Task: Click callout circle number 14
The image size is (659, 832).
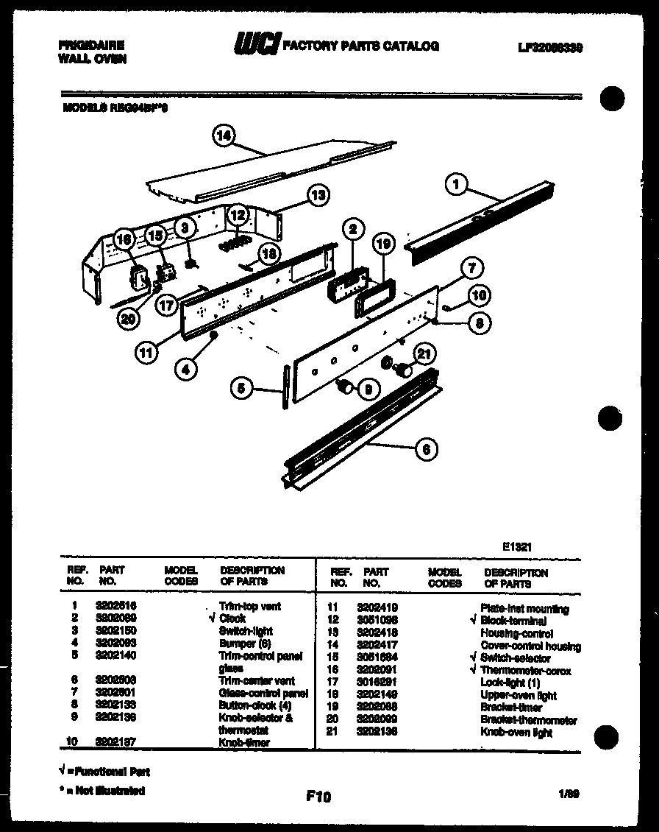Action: pos(225,135)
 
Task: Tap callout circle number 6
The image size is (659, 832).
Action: pos(426,448)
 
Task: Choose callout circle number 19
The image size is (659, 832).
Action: pos(382,244)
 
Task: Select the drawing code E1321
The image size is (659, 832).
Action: pos(517,547)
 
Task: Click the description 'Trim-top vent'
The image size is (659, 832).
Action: pos(250,606)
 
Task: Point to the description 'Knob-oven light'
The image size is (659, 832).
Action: pos(516,733)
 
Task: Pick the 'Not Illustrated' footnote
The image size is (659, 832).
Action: pos(102,791)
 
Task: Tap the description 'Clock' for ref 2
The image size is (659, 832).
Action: pos(232,618)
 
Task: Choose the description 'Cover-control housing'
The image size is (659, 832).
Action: pos(530,646)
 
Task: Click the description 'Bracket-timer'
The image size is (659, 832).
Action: pos(511,708)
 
